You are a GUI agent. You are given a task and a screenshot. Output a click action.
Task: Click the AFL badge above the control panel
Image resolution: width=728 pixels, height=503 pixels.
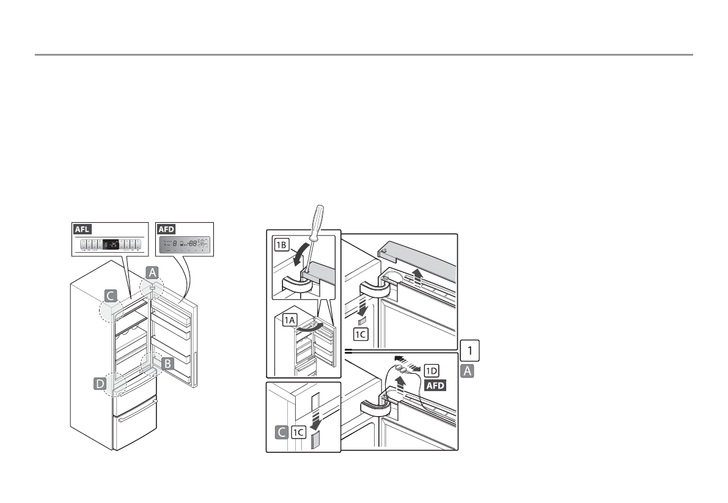(83, 229)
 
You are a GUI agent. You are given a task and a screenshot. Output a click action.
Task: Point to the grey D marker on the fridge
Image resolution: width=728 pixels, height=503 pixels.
(100, 384)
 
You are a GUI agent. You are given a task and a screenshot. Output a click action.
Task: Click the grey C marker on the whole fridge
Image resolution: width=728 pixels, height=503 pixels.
(110, 297)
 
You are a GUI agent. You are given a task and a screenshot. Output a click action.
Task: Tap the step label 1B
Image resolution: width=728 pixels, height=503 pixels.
(282, 245)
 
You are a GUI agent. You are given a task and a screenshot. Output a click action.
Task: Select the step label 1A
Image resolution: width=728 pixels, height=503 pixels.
(290, 318)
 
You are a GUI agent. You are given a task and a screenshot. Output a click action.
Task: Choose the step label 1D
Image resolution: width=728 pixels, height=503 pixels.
(432, 370)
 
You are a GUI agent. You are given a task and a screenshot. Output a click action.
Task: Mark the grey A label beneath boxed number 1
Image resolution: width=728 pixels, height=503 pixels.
(467, 370)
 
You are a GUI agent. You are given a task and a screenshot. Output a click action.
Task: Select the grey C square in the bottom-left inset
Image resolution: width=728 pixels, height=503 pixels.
(282, 433)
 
